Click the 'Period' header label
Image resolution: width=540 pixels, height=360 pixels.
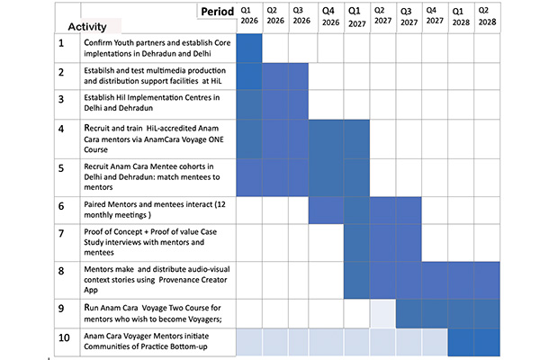pos(216,13)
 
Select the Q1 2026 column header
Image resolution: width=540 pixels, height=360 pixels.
pos(247,17)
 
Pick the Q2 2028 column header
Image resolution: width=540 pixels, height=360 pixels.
pos(485,17)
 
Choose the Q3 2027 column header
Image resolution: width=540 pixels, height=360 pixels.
pos(408,17)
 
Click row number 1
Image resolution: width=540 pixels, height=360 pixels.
pos(61,43)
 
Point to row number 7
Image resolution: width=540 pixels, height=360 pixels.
pos(61,234)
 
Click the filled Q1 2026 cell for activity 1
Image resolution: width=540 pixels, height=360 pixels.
pos(247,49)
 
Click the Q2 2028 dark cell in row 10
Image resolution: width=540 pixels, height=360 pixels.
pos(485,343)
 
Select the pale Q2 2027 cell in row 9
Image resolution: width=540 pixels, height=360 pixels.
pos(382,314)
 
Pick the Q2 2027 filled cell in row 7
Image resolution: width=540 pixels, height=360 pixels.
pos(382,240)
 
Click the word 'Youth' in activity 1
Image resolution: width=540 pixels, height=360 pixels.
pos(134,42)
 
